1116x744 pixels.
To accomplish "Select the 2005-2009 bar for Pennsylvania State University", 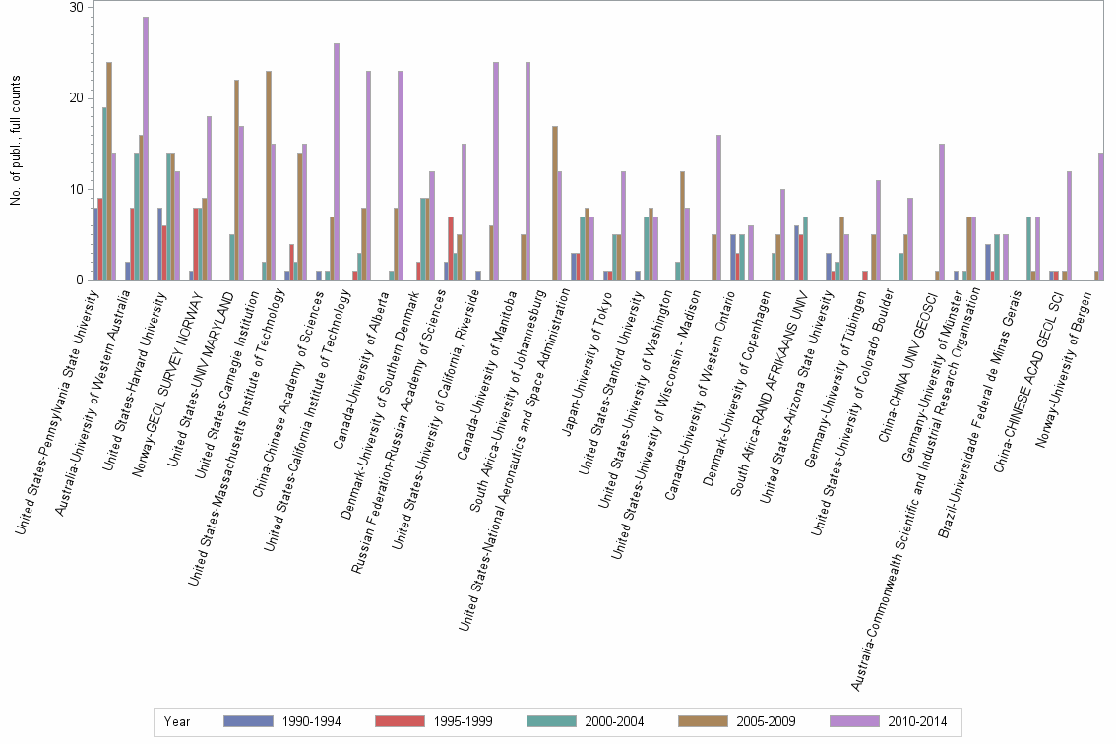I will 109,171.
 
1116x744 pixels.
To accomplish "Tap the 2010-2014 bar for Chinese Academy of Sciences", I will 337,162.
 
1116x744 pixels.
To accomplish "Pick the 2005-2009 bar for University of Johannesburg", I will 555,204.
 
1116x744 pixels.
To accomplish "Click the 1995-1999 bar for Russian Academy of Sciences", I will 451,249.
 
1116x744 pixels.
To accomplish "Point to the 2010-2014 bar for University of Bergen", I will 1101,217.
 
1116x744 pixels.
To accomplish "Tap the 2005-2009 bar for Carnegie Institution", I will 269,176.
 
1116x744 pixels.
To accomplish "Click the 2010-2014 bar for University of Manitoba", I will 528,171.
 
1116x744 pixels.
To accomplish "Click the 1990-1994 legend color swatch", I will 249,721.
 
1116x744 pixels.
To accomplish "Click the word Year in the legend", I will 178,721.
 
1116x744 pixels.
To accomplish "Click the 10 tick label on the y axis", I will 77,189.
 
